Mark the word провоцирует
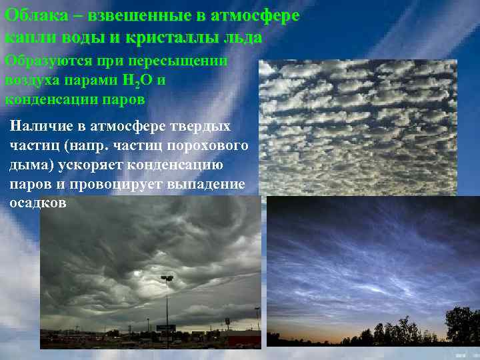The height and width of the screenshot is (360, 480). click(x=123, y=183)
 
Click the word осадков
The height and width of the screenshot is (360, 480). click(x=38, y=203)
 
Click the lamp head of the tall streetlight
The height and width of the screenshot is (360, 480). click(x=167, y=278)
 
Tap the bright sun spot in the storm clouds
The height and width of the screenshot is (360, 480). click(x=138, y=273)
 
